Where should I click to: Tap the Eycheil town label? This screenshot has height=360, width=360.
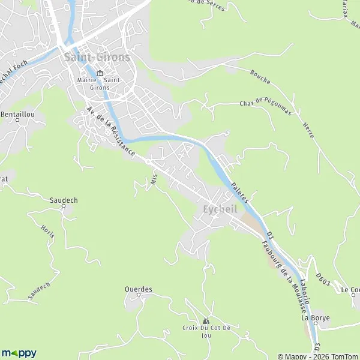pos(220,209)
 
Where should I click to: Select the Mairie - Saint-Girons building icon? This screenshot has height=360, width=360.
pos(100,73)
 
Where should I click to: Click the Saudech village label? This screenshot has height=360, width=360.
pos(64,201)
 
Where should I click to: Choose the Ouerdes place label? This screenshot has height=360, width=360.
pos(139,289)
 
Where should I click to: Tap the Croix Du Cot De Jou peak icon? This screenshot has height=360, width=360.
pos(206,321)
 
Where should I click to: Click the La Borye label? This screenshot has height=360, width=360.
pos(316,318)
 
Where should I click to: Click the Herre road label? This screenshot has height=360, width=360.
pos(305,127)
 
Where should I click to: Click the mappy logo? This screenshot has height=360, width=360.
pos(19,353)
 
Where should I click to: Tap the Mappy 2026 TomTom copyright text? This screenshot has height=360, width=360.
pos(317,356)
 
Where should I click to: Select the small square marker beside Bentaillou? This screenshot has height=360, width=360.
pos(17,120)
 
